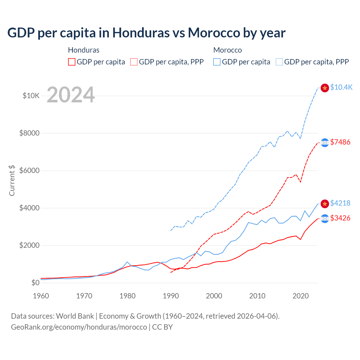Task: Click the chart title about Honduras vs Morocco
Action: (x=146, y=33)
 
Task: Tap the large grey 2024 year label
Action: (x=71, y=95)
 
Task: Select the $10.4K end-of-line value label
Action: (x=341, y=87)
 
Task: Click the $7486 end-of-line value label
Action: (x=340, y=142)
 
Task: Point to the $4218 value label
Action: (x=340, y=203)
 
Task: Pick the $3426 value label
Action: (x=340, y=218)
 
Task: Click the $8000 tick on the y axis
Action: (x=29, y=133)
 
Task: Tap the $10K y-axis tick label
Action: (x=31, y=96)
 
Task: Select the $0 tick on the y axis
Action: (x=35, y=283)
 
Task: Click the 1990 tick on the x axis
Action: (x=171, y=296)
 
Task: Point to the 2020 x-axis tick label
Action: (x=301, y=296)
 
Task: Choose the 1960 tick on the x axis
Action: (x=41, y=296)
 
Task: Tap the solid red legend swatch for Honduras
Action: (x=72, y=62)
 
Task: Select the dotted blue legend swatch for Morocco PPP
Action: (x=279, y=62)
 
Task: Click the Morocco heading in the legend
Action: (x=228, y=50)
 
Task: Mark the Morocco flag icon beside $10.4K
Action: (x=325, y=88)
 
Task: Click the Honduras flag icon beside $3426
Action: (x=325, y=219)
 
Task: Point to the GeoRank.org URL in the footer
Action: (x=79, y=327)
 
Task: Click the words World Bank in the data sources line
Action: (x=75, y=316)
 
